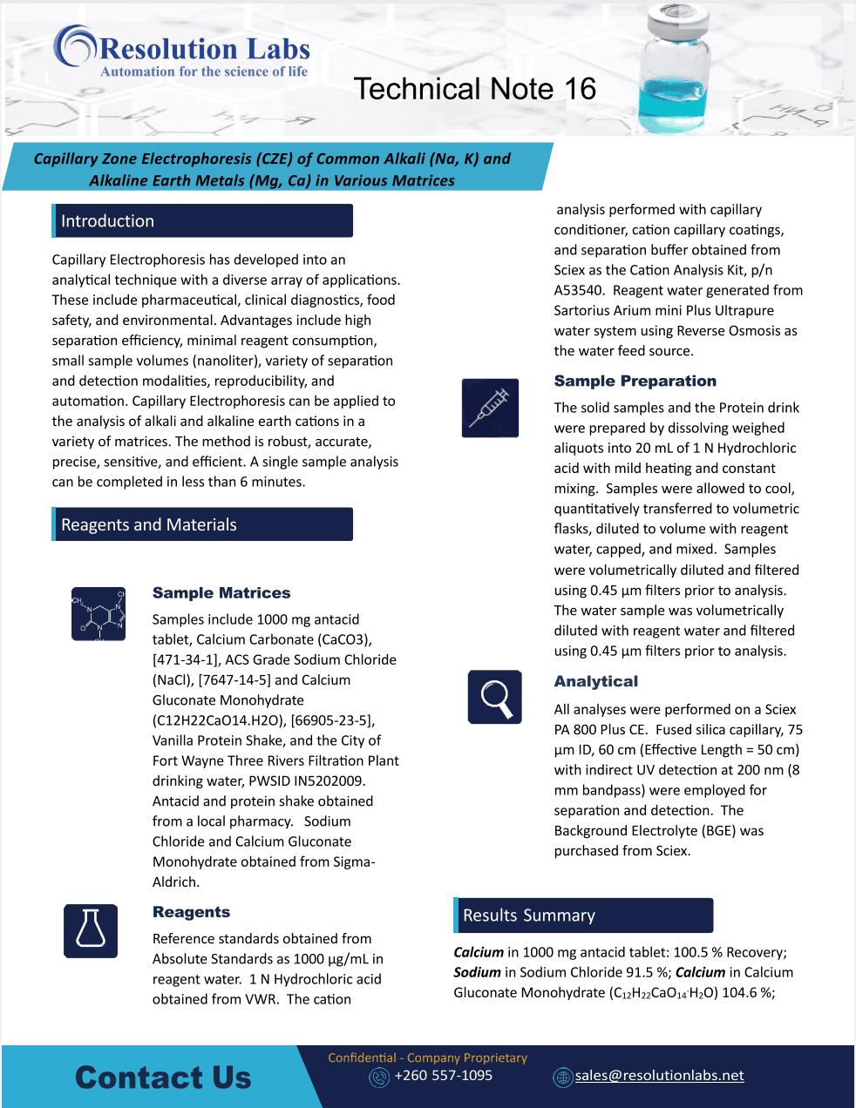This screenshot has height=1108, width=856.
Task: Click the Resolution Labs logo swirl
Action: click(74, 46)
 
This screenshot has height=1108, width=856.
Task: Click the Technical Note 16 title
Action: click(475, 89)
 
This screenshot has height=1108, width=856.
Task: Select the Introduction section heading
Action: click(107, 221)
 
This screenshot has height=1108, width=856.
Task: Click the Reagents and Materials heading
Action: click(149, 524)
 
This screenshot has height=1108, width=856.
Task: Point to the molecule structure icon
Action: click(99, 614)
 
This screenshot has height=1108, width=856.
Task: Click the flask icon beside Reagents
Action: click(91, 931)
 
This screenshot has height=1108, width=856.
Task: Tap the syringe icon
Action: click(490, 408)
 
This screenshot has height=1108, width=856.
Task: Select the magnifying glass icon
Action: click(495, 697)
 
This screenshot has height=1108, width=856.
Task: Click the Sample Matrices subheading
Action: click(221, 593)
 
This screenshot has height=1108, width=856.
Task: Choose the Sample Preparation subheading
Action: click(635, 381)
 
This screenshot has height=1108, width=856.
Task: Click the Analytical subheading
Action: click(596, 681)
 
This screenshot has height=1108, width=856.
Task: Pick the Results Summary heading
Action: click(529, 915)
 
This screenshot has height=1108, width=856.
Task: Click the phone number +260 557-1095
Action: click(444, 1076)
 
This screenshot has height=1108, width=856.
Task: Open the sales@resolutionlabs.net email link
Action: click(660, 1076)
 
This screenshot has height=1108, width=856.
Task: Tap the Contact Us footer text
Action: click(163, 1078)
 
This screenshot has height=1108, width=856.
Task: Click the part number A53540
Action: click(580, 290)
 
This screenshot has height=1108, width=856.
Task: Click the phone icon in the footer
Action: click(379, 1078)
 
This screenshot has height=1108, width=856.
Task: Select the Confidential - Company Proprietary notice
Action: click(427, 1057)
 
